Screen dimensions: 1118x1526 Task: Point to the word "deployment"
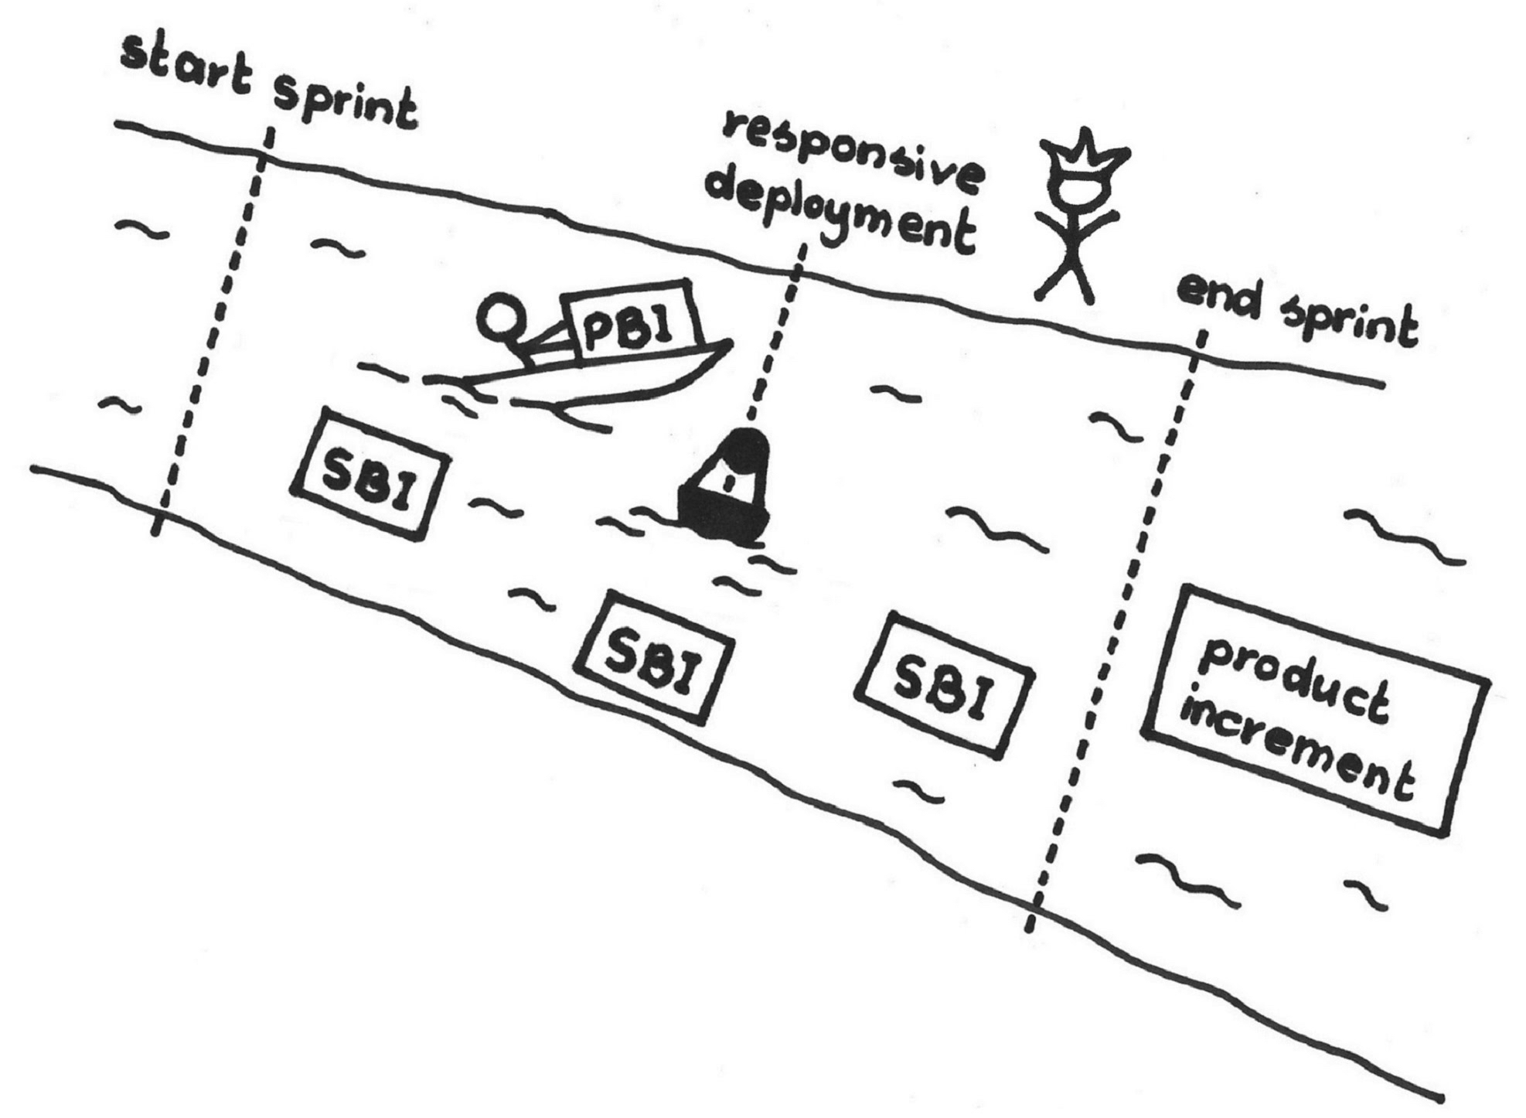tap(843, 213)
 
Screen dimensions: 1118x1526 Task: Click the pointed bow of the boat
tap(727, 344)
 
